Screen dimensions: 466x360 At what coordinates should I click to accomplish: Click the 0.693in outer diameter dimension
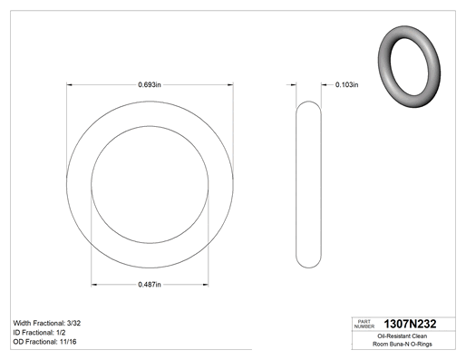click(x=150, y=84)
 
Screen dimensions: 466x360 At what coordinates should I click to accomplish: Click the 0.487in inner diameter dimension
click(x=150, y=285)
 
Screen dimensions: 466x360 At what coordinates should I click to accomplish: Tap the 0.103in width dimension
click(x=346, y=84)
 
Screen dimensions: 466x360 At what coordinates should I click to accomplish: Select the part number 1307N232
click(x=410, y=324)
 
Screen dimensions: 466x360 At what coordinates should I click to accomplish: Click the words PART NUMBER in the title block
click(x=364, y=324)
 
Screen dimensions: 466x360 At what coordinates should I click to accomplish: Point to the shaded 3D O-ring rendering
click(x=409, y=67)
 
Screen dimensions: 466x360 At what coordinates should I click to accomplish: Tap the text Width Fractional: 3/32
click(x=47, y=323)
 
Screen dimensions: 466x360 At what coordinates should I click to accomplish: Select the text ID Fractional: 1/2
click(x=39, y=333)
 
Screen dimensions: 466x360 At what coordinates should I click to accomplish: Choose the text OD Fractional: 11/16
click(x=44, y=342)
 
